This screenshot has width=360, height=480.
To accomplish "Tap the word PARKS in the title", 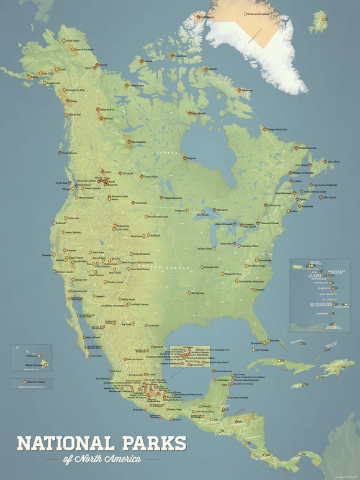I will tap(148, 443).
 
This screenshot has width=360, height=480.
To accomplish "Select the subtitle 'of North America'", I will tap(102, 459).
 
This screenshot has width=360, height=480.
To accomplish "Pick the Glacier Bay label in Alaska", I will tap(73, 114).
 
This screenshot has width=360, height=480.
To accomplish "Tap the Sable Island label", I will tap(327, 197).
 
